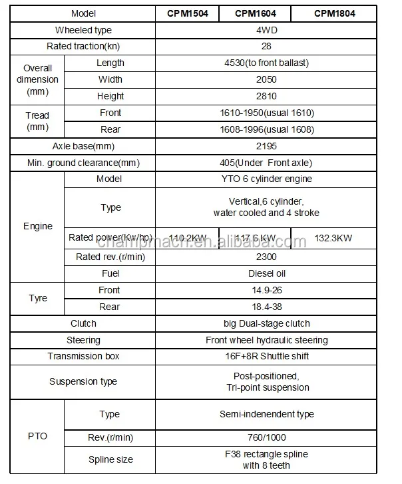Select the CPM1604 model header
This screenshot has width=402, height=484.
pos(256,13)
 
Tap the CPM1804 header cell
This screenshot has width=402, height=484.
pos(334,13)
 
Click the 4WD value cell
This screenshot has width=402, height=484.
pos(266,30)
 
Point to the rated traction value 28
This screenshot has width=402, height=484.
pos(266,47)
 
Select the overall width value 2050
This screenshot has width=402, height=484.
pos(266,79)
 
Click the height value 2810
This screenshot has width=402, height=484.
pos(266,96)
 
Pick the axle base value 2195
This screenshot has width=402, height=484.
pos(266,146)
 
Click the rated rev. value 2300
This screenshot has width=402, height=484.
pos(266,257)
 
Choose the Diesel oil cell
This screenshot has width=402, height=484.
pos(266,273)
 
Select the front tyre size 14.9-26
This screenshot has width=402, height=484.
pos(266,290)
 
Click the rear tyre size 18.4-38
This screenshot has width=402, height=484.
pos(266,307)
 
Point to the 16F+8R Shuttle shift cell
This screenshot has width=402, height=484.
pos(266,356)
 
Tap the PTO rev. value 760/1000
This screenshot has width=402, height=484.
pos(266,437)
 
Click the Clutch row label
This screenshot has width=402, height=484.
pos(83,323)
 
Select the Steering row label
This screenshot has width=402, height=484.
pos(83,340)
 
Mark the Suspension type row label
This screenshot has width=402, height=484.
pos(83,381)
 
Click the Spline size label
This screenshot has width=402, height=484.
pos(110,459)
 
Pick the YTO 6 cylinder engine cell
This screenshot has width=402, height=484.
pos(266,179)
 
